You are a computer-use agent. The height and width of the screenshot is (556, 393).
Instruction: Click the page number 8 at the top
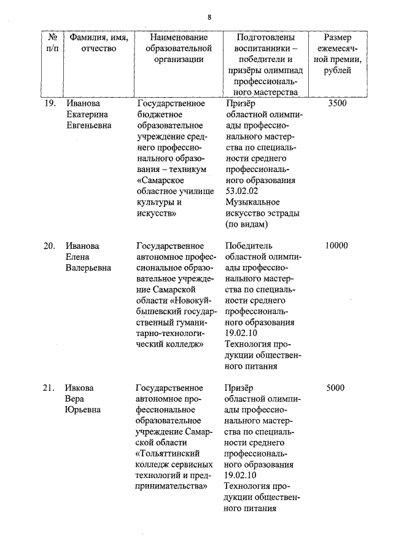pos(209,17)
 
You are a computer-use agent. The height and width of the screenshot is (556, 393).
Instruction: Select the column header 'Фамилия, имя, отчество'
pos(98,43)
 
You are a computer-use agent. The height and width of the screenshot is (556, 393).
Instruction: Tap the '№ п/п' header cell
pos(52,43)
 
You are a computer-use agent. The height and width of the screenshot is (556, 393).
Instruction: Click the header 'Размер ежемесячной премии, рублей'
pos(337,54)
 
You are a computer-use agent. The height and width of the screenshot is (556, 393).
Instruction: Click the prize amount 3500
pos(337,103)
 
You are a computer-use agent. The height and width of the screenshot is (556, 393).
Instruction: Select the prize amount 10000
pos(337,246)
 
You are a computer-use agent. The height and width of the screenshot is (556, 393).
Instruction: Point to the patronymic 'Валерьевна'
pos(88,268)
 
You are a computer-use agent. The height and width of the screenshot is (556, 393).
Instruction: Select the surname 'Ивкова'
pos(79,388)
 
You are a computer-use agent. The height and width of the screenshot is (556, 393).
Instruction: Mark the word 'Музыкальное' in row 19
pos(252,202)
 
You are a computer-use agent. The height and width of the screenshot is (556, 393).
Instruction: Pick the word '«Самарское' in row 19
pos(160,181)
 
